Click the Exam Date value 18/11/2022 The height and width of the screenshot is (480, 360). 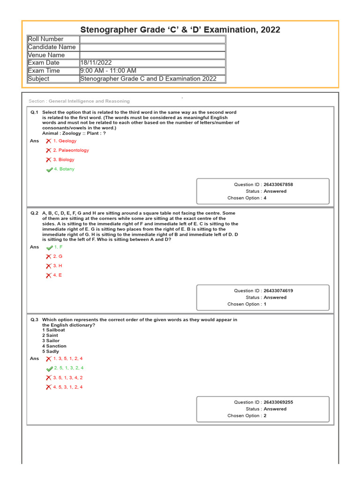[96, 63]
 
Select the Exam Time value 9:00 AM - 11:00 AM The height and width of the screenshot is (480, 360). [108, 71]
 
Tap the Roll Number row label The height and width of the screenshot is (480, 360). [45, 39]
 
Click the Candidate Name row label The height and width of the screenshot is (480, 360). [52, 47]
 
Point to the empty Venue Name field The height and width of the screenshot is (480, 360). [152, 55]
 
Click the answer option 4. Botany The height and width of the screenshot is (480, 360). [64, 169]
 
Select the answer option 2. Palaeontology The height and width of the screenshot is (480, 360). [71, 150]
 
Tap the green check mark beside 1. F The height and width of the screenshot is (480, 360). [49, 247]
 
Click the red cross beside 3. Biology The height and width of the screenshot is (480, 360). [48, 160]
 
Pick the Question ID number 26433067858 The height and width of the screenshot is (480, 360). [278, 185]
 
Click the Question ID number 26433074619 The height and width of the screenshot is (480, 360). [278, 291]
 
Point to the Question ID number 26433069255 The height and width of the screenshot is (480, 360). [278, 402]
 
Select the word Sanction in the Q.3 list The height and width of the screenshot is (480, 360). [56, 346]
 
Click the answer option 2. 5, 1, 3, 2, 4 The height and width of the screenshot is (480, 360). [68, 368]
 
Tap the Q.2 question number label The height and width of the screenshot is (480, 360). [34, 213]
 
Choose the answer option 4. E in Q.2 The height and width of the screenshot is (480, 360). [57, 275]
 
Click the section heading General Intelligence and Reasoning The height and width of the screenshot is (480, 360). [89, 101]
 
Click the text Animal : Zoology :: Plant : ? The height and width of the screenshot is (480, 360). [74, 133]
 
